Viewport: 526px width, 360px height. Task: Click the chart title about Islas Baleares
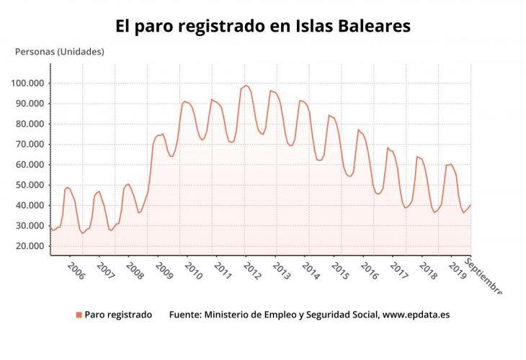[x=263, y=26]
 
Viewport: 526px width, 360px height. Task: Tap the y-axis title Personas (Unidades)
[x=60, y=51]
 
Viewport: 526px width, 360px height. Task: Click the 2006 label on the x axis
[x=76, y=271]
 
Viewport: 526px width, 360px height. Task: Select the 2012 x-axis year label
[x=252, y=271]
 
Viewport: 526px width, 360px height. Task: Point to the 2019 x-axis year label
[x=457, y=271]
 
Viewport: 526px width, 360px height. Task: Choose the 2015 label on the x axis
[x=340, y=271]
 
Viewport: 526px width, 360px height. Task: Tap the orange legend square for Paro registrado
[x=79, y=315]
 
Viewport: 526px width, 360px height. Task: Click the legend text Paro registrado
[x=118, y=315]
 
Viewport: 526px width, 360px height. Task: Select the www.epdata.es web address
[x=416, y=315]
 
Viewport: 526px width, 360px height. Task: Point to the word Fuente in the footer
[x=185, y=315]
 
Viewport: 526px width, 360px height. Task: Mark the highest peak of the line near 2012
[x=246, y=86]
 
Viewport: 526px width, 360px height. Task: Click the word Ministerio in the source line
[x=231, y=315]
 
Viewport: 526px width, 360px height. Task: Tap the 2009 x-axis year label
[x=164, y=271]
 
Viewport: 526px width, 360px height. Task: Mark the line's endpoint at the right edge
[x=471, y=205]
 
